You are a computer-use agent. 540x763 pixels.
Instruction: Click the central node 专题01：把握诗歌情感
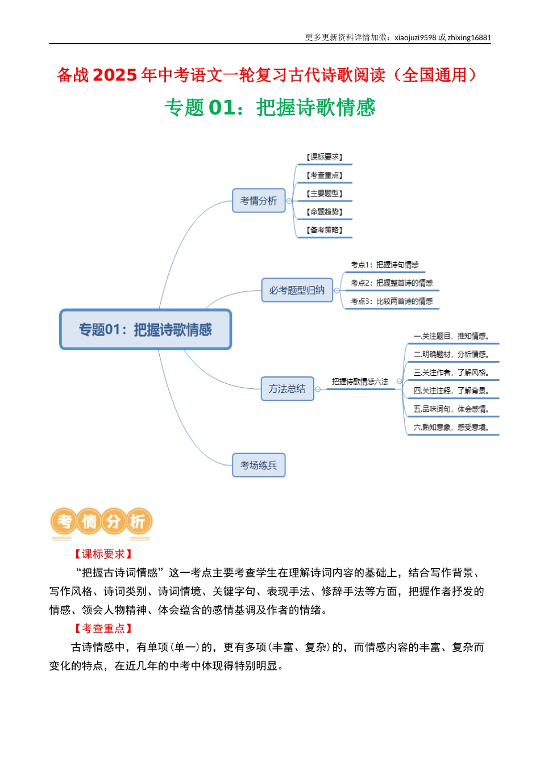pos(146,329)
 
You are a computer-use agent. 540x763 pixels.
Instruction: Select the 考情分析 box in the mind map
pos(259,200)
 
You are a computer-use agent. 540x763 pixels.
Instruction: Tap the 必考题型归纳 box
pos(297,290)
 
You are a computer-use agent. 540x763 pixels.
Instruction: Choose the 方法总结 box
pos(287,389)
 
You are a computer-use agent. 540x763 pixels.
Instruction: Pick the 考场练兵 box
pos(259,466)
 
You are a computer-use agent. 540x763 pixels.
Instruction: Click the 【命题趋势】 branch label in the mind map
pos(324,212)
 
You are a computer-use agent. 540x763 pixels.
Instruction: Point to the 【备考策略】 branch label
pos(324,230)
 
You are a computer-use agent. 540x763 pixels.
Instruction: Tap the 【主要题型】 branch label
pos(324,194)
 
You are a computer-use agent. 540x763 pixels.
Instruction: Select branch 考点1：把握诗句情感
pos(385,265)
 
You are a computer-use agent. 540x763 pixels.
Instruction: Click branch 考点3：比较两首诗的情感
pos(392,301)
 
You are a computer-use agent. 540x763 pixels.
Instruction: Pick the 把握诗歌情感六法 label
pos(360,381)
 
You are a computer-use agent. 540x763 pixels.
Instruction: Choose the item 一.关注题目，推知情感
pos(451,336)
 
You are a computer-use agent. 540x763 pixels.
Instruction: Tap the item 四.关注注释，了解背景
pos(451,391)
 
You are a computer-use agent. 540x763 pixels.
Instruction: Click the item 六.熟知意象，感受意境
pos(451,427)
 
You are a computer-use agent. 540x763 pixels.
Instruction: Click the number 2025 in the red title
pos(115,76)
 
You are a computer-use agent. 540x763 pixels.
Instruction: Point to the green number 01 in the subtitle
pos(221,108)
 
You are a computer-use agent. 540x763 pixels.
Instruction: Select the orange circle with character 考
pos(64,522)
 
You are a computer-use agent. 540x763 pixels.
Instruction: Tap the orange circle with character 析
pos(138,522)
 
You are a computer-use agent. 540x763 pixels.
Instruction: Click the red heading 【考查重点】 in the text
pos(103,628)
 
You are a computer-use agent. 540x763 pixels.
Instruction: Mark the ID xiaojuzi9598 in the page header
pos(415,38)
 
